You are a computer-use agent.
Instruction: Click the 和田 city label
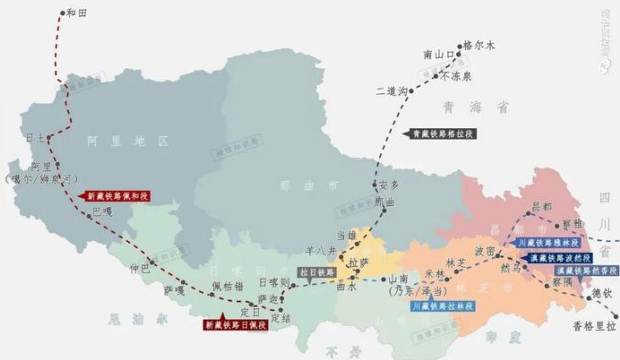(x=77, y=13)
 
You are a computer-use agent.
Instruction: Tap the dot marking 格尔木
(x=460, y=46)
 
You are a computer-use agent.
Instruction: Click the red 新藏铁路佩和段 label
(x=118, y=196)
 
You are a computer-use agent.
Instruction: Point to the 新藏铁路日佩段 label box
(x=235, y=325)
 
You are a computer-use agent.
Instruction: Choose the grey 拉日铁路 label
(x=317, y=272)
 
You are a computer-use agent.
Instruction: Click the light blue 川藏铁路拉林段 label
(x=443, y=306)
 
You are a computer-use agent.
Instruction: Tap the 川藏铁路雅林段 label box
(x=549, y=243)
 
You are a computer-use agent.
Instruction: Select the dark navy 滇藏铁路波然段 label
(x=560, y=258)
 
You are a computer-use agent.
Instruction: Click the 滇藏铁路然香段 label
(x=587, y=271)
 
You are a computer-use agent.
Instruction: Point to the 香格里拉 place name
(x=594, y=327)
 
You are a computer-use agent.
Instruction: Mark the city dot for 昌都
(x=528, y=213)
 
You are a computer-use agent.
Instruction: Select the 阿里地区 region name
(x=127, y=141)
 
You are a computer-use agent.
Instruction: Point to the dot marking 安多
(x=375, y=185)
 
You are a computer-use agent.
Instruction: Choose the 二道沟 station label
(x=391, y=91)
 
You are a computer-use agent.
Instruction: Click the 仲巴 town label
(x=141, y=269)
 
